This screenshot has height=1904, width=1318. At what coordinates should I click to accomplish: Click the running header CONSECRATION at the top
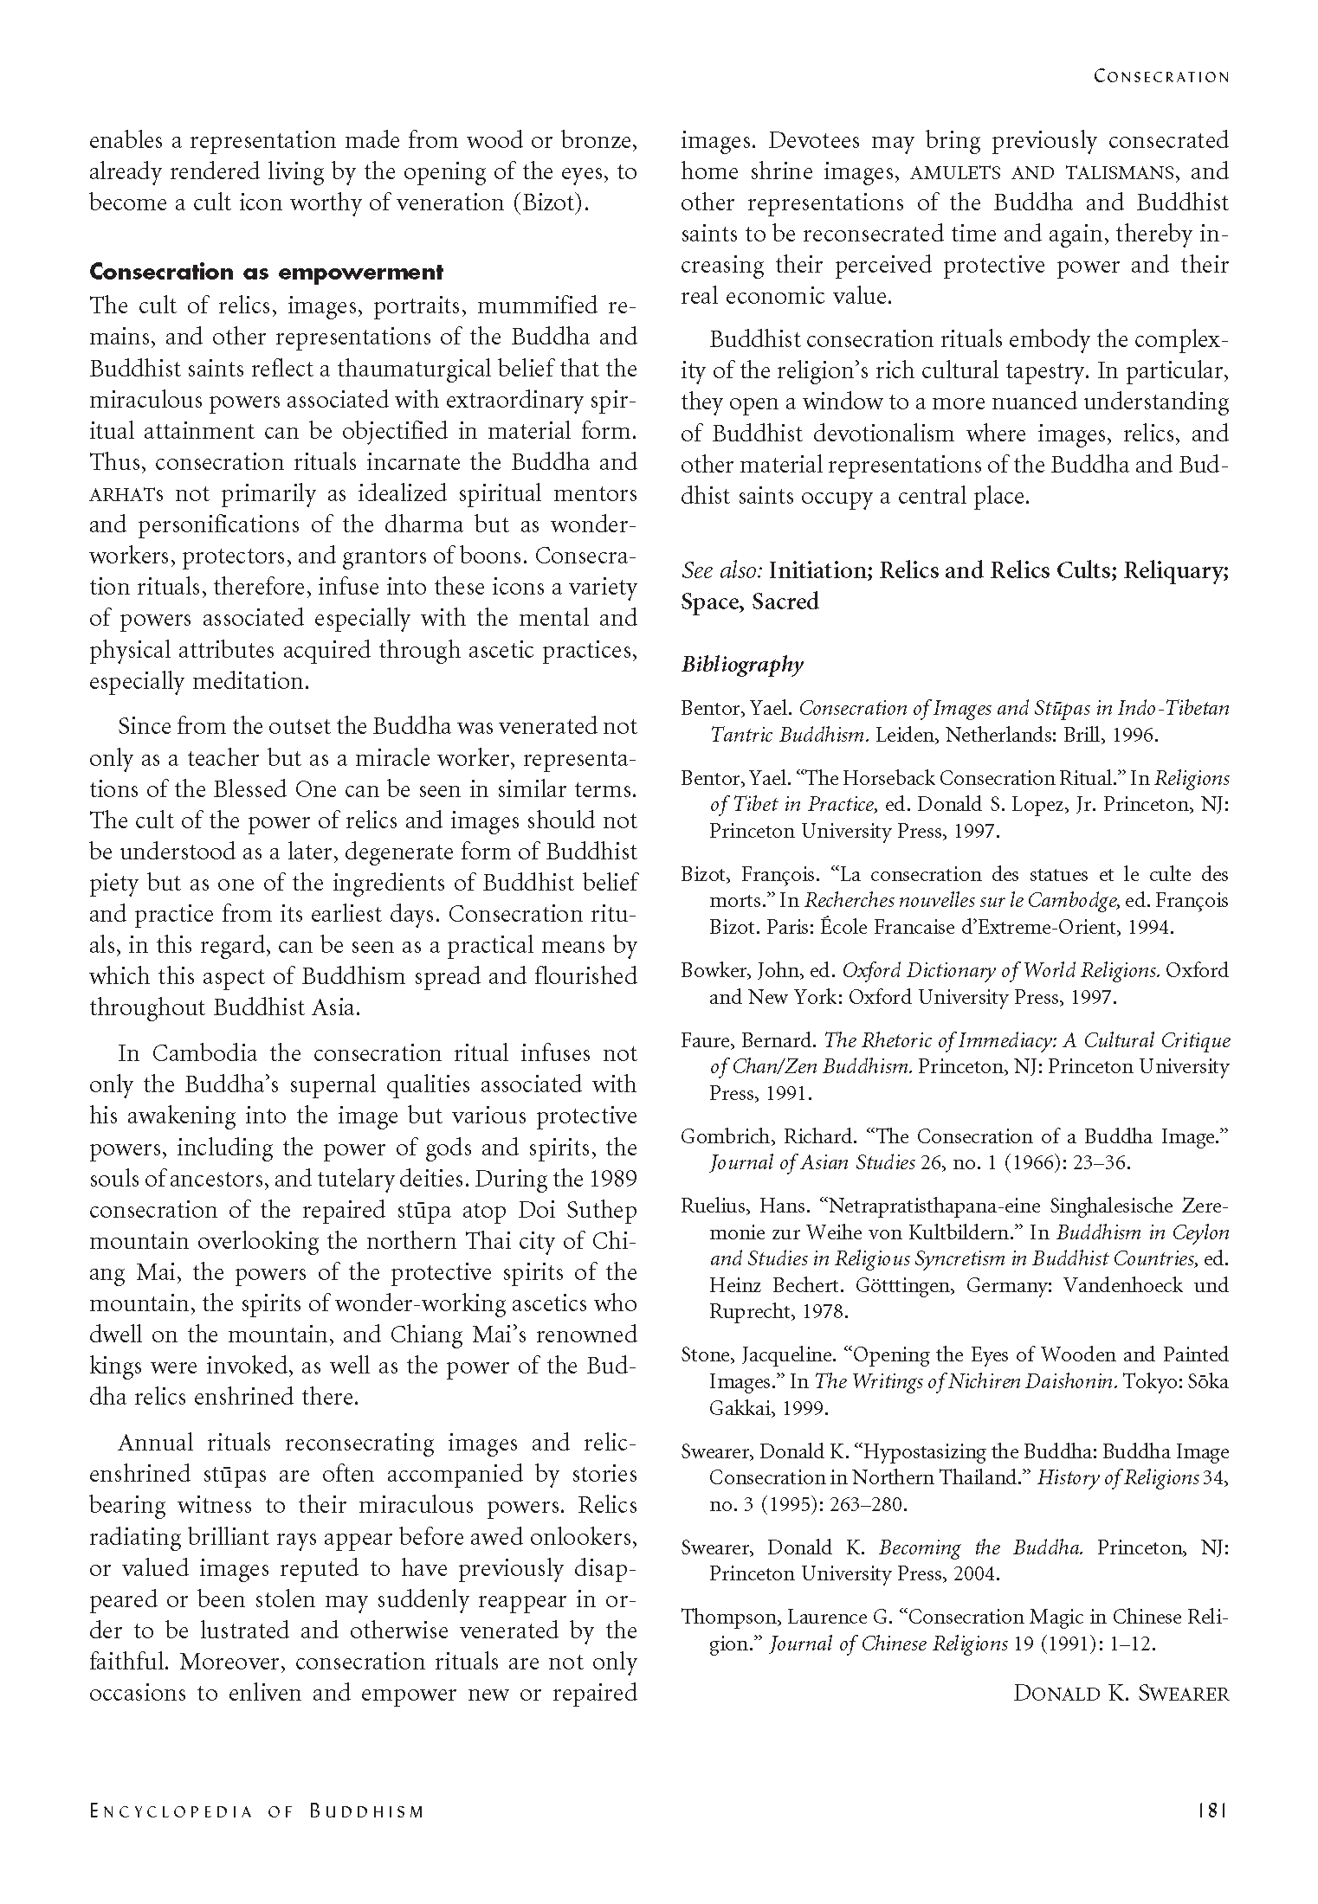coord(1160,76)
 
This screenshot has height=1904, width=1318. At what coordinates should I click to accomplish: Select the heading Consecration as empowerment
coord(266,272)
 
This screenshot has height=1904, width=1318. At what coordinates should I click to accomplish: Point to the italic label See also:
coord(720,570)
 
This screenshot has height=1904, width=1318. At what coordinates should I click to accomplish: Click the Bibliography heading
coord(741,664)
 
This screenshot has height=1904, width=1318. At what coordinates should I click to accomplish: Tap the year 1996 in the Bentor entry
coord(1131,736)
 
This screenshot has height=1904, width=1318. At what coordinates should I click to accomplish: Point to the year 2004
coord(977,1573)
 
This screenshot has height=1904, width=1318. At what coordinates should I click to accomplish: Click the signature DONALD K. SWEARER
coord(1121,1694)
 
